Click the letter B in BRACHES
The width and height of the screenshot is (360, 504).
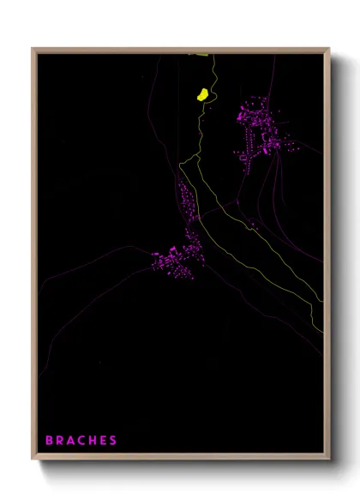pos(49,441)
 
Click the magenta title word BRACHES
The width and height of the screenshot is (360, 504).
pos(81,441)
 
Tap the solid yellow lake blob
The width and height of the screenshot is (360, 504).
pos(202,94)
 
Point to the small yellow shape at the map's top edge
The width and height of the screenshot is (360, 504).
pos(201,55)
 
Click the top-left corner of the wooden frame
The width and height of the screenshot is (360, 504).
pos(33,49)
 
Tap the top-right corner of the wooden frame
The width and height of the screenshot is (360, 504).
pos(328,49)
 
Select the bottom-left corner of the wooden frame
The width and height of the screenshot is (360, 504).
pos(33,459)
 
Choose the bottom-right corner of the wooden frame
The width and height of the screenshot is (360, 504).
pos(328,459)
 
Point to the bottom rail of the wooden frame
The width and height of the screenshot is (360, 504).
pos(180,458)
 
